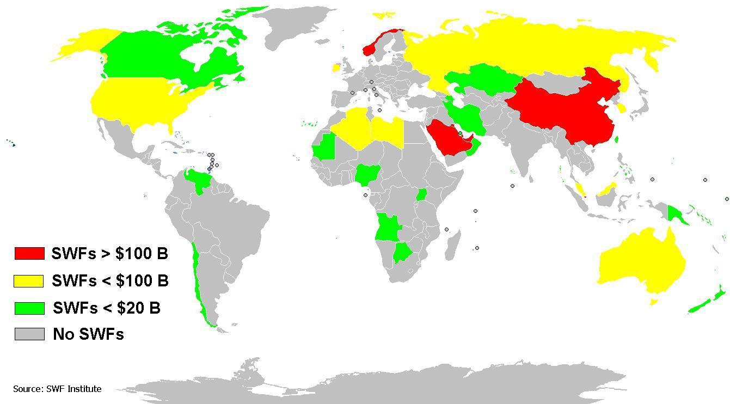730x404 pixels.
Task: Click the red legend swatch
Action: (29, 253)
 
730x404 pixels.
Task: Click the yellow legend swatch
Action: (29, 281)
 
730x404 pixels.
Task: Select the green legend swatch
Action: (29, 308)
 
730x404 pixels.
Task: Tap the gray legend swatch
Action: (29, 334)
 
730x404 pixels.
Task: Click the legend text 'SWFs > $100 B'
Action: (109, 253)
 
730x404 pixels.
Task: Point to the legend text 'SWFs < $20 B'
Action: (107, 308)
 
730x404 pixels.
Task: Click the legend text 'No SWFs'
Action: (88, 334)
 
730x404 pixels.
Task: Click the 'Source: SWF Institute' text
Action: (57, 389)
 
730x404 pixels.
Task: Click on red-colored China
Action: (566, 109)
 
